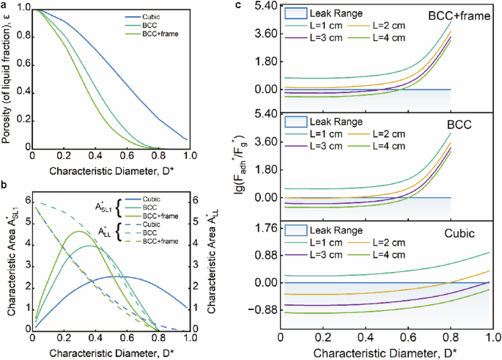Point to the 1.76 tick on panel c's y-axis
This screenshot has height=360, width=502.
[264, 227]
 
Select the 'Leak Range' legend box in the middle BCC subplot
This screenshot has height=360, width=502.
[294, 122]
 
